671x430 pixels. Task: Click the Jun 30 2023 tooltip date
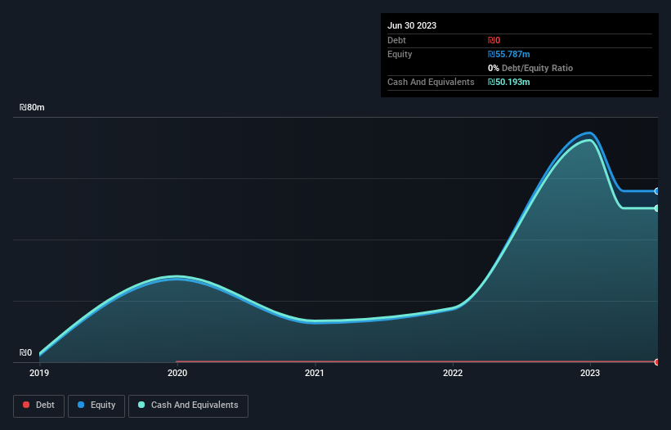(412, 25)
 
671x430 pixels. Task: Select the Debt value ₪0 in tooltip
(494, 40)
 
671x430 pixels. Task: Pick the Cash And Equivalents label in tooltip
(431, 82)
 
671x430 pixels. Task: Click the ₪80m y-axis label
(33, 107)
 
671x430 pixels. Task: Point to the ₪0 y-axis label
(26, 353)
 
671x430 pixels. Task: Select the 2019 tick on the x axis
(39, 373)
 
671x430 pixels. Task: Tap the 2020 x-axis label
(177, 373)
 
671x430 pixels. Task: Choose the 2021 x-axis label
(315, 373)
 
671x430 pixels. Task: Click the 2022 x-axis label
(453, 373)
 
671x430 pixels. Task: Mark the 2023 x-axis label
(590, 373)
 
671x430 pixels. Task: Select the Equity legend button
(96, 405)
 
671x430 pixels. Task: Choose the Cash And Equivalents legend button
(188, 405)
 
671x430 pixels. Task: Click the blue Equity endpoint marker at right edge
(657, 191)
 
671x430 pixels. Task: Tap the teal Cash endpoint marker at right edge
(657, 208)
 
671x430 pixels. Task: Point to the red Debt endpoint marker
(657, 361)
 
